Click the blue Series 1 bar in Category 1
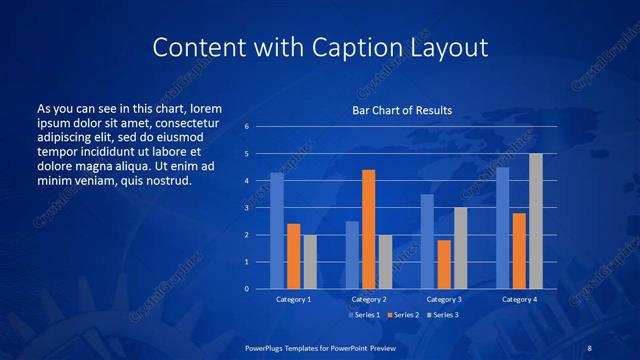277,231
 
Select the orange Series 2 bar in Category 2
368,229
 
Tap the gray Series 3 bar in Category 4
536,221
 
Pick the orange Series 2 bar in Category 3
444,264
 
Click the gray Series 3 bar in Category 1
310,262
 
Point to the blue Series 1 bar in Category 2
352,255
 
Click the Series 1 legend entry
363,315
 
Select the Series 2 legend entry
403,315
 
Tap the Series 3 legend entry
442,315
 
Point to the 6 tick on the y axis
246,127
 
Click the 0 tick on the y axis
246,289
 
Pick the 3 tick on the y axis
246,208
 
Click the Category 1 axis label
293,299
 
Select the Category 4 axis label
519,299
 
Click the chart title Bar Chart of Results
401,110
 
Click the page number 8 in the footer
590,346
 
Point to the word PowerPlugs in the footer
268,346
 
